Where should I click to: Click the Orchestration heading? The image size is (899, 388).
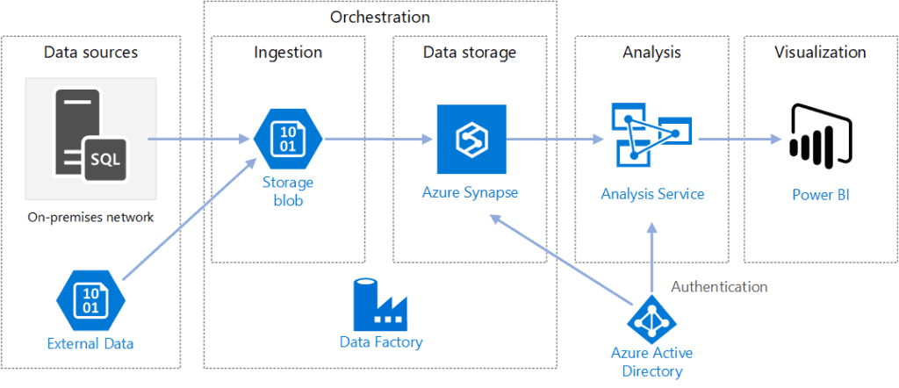click(x=380, y=17)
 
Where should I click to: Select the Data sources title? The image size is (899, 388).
click(x=90, y=53)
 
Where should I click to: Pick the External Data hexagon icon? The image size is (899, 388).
click(x=90, y=298)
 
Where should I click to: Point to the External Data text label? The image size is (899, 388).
click(x=90, y=343)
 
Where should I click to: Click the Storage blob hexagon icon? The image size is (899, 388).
click(x=287, y=139)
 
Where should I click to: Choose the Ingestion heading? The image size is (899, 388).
click(x=288, y=53)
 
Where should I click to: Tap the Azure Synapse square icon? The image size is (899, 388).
click(x=471, y=140)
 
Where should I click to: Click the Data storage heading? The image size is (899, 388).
click(x=470, y=53)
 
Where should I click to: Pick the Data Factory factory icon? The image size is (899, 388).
click(x=380, y=303)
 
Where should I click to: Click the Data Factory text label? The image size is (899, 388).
click(x=381, y=342)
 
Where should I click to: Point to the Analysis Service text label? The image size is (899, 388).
click(x=652, y=194)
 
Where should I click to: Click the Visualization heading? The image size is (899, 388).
click(x=820, y=53)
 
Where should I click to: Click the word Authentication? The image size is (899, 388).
click(x=719, y=286)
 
